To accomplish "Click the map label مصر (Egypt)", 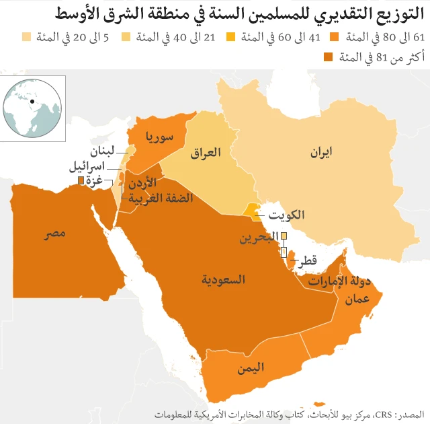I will click(55, 234).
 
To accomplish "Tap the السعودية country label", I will click(224, 279).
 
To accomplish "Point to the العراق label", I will click(206, 153).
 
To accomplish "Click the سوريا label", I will click(159, 137).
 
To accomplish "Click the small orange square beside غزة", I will click(81, 181).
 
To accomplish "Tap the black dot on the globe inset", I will click(32, 102).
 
